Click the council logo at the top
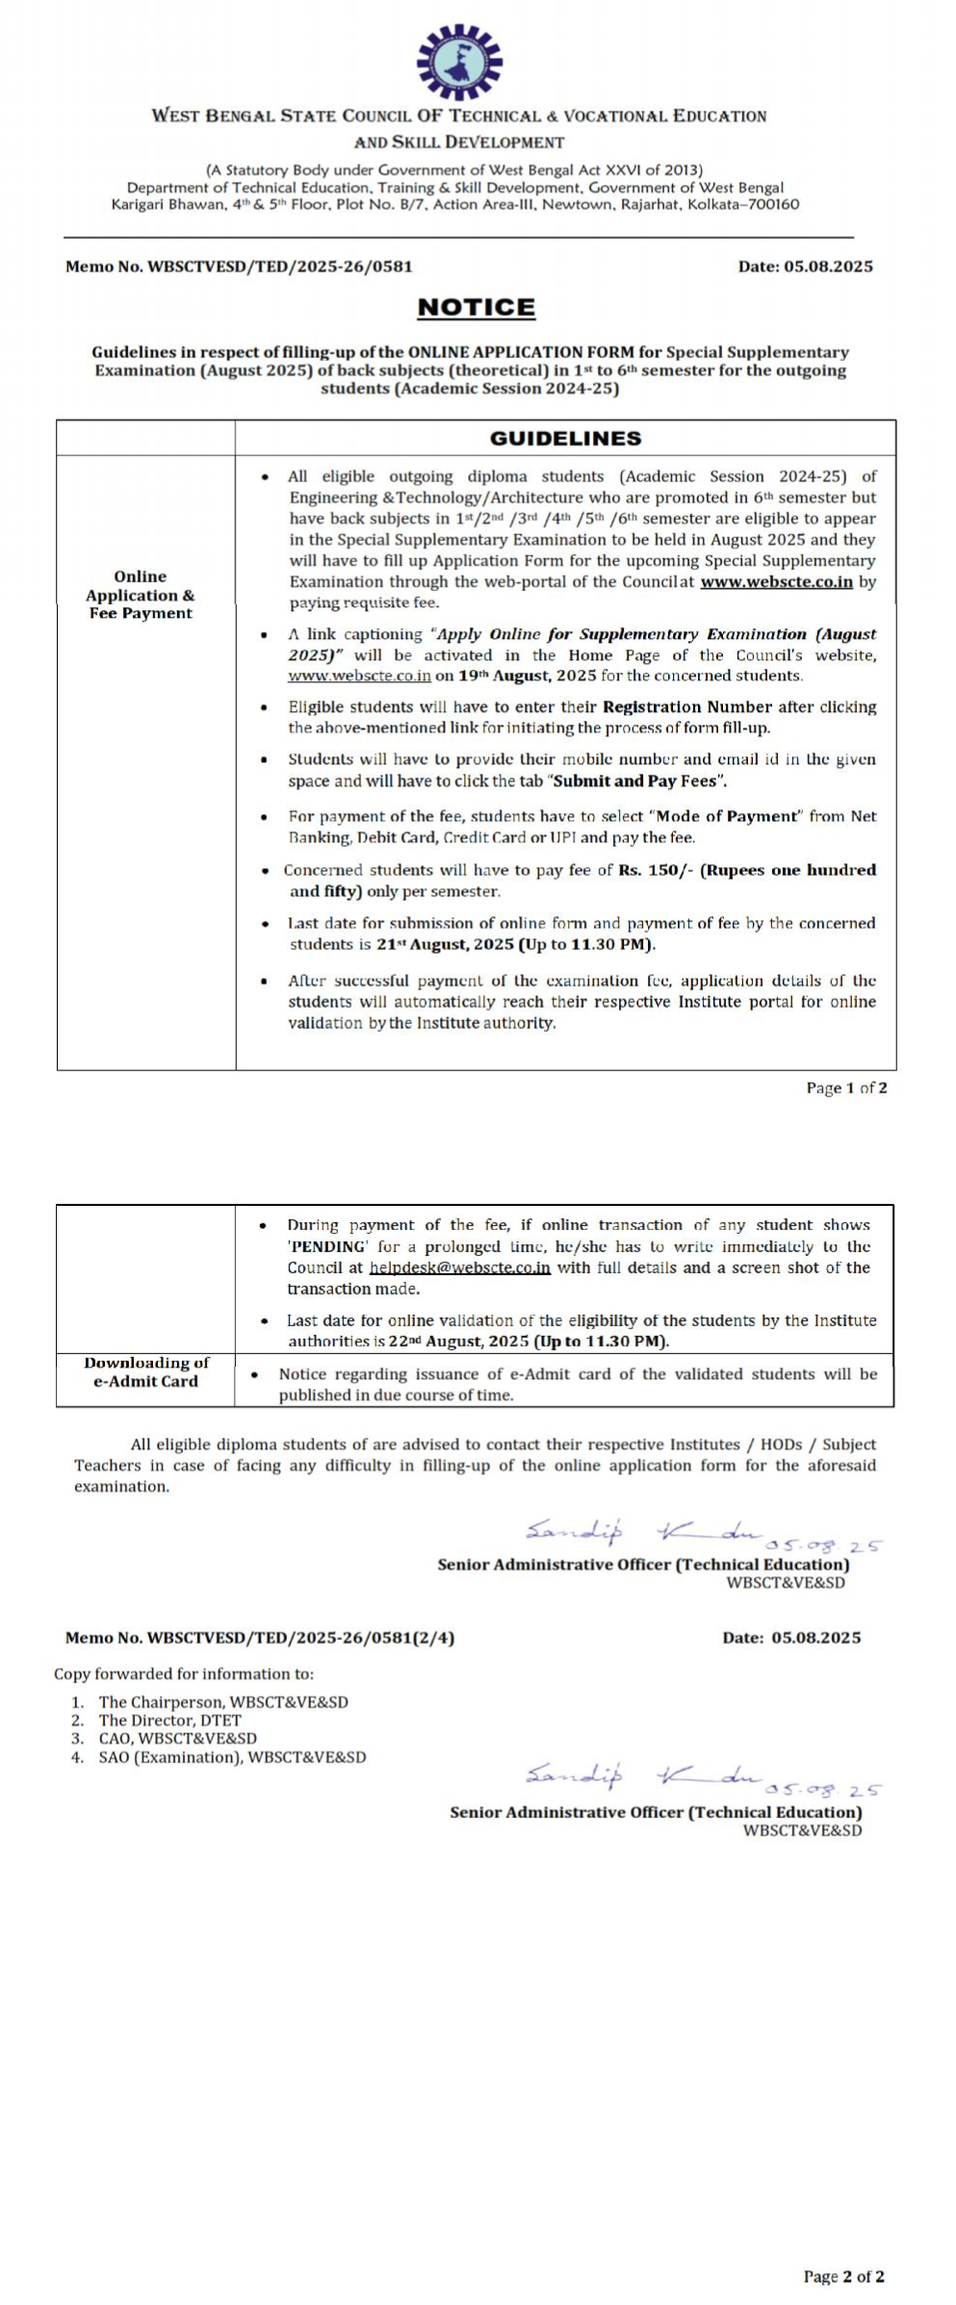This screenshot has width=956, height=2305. [x=459, y=62]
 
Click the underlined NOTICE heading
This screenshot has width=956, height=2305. [x=476, y=308]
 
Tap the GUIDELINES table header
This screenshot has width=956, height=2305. [x=565, y=438]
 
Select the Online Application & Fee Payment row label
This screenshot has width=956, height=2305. [x=141, y=595]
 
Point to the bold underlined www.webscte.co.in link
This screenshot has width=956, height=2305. [x=776, y=581]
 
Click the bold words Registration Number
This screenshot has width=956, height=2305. [x=687, y=706]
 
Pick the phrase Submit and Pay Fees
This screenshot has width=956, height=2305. [x=636, y=781]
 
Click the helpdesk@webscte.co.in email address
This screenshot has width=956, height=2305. [x=459, y=1268]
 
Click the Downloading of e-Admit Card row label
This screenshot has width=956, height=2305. [x=145, y=1371]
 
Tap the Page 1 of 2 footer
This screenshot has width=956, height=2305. [x=846, y=1088]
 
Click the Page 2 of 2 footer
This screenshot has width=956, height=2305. [x=843, y=2276]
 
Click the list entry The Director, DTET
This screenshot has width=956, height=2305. [x=169, y=1720]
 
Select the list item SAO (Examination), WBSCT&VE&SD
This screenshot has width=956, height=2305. [x=232, y=1756]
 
